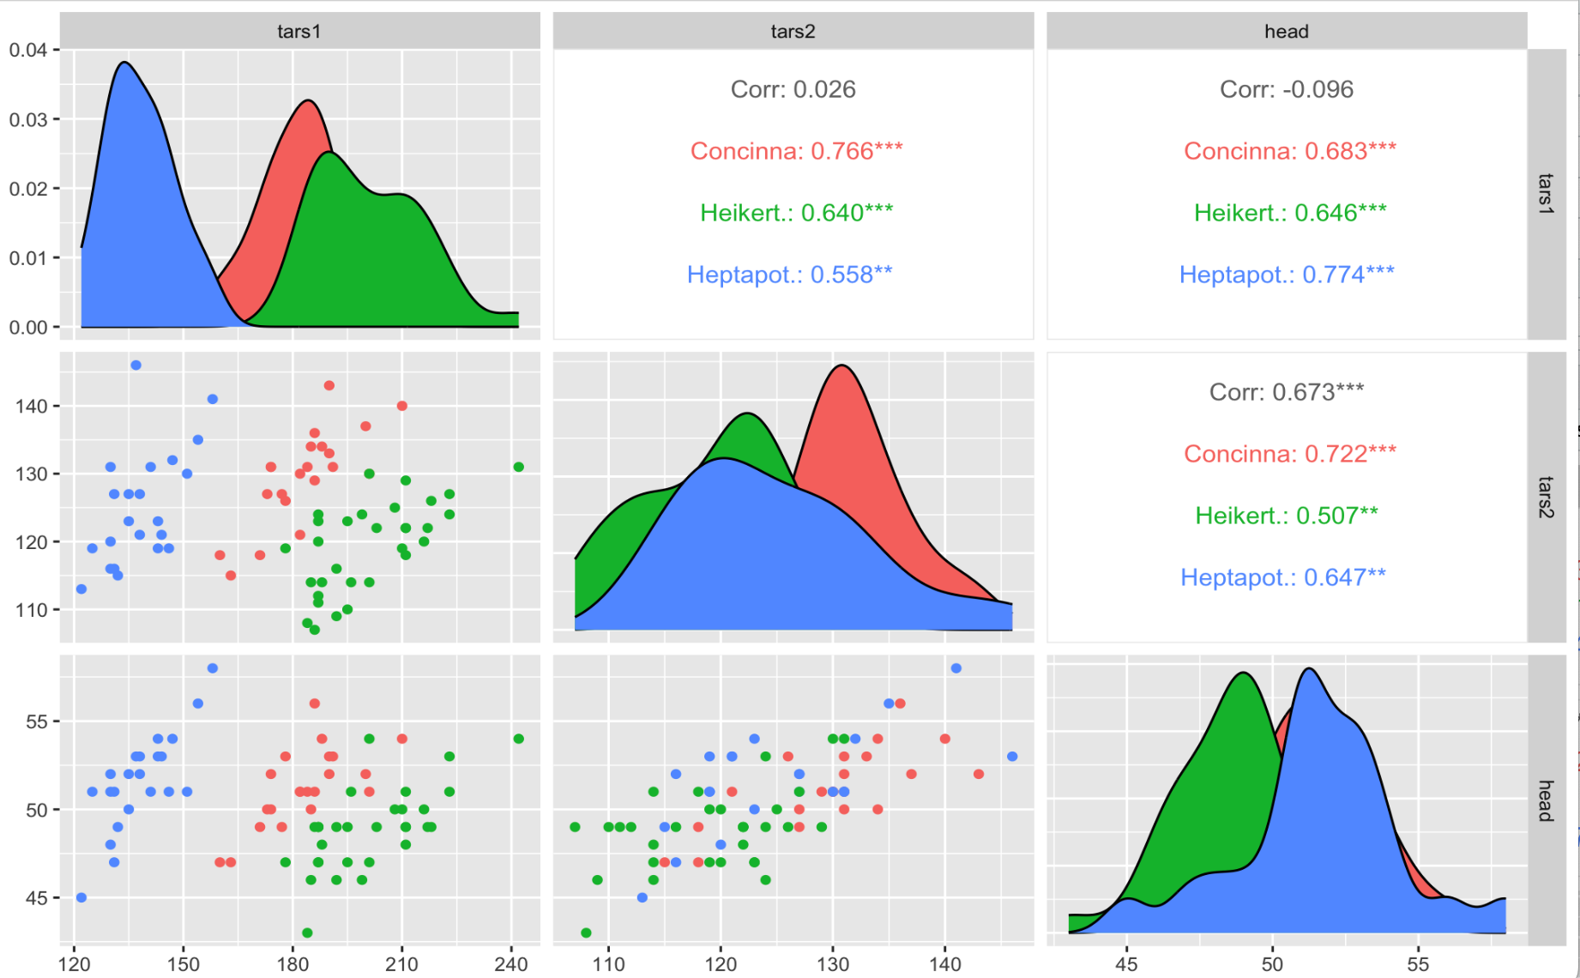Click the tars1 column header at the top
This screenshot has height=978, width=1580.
coord(299,32)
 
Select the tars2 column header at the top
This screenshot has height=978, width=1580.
coord(793,32)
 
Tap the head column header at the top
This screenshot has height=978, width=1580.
coord(1286,32)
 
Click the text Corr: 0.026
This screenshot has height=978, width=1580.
coord(793,89)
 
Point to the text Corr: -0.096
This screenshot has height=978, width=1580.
coord(1286,89)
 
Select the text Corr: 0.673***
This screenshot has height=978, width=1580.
coord(1286,392)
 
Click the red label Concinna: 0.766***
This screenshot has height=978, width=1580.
coord(796,151)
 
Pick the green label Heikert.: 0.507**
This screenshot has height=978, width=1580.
coord(1286,516)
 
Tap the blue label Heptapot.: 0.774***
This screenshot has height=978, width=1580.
coord(1286,275)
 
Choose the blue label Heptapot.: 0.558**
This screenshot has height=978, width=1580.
coord(789,275)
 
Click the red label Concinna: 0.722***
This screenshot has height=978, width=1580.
coord(1289,454)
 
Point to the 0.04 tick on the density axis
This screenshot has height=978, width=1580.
coord(27,50)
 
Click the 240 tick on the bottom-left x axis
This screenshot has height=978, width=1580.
coord(511,964)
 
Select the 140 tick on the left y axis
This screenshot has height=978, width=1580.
coord(31,406)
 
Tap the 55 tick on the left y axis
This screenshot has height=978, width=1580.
coord(36,721)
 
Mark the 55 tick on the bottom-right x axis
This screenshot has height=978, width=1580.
coord(1418,964)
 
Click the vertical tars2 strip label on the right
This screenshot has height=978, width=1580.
coord(1546,498)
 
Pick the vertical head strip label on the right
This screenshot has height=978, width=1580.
coord(1546,800)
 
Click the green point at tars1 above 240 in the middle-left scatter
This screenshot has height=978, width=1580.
coord(518,467)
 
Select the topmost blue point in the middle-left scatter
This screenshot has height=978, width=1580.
coord(136,365)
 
